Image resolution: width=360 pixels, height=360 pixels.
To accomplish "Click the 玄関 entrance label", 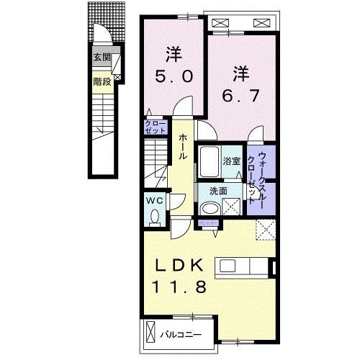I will click(102, 57).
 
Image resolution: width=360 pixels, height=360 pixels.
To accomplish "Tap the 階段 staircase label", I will click(102, 81).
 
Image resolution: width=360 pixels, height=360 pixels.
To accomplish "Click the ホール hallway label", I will click(184, 145).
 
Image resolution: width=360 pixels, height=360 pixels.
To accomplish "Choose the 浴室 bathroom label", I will click(231, 162).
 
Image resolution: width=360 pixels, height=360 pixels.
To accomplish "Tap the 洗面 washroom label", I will click(219, 192).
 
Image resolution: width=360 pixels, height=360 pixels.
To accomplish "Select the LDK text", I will click(181, 264).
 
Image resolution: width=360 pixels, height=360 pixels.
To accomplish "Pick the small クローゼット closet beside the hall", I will click(154, 128).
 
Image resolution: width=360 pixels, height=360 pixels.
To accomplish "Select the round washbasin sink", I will click(210, 208).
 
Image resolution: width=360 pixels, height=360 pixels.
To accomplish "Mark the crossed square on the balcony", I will click(150, 333).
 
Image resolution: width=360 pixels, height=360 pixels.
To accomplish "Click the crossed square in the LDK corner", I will click(266, 231).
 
